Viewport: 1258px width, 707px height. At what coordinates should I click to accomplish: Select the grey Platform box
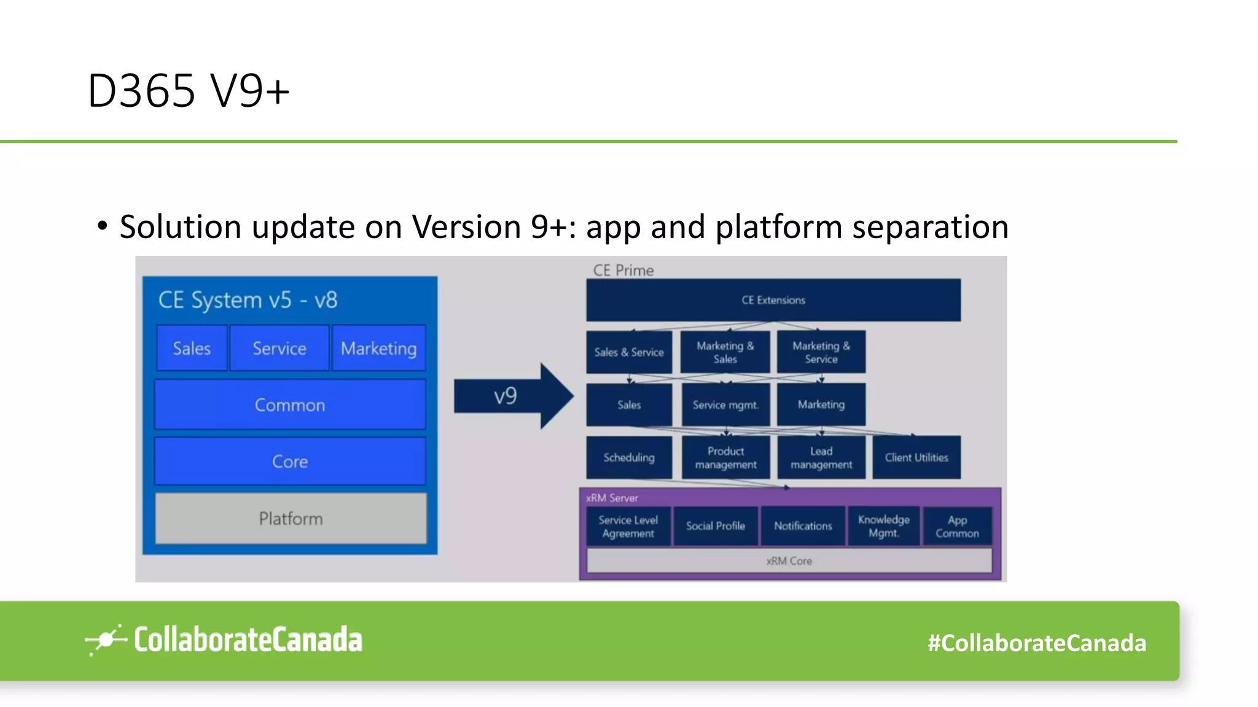(x=291, y=519)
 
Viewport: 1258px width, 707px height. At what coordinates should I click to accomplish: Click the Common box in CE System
(x=290, y=405)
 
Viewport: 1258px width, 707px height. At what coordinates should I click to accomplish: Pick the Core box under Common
(x=290, y=462)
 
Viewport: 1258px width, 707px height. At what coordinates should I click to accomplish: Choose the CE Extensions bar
(x=773, y=300)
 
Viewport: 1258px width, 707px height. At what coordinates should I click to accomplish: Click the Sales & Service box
(x=629, y=352)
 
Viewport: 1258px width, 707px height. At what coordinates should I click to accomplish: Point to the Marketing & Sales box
(x=725, y=352)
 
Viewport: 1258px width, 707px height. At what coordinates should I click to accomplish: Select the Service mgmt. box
(x=725, y=405)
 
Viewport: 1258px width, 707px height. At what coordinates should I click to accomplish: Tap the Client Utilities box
(x=916, y=458)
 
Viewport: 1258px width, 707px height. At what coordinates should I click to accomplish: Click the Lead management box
(x=821, y=458)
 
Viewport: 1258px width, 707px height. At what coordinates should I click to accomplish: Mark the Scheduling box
(x=629, y=458)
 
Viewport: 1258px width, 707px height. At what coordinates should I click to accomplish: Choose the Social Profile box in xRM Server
(x=716, y=526)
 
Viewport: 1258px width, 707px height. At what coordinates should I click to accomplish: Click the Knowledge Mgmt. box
(x=883, y=526)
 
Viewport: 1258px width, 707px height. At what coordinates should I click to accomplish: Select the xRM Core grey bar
(x=789, y=561)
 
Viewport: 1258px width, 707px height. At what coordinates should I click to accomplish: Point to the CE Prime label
(x=623, y=270)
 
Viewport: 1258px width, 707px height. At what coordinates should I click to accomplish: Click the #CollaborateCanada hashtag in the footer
(x=1036, y=643)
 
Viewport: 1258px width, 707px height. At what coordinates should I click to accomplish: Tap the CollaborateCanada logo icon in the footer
(x=105, y=640)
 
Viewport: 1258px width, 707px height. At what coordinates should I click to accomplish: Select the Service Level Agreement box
(x=628, y=526)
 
